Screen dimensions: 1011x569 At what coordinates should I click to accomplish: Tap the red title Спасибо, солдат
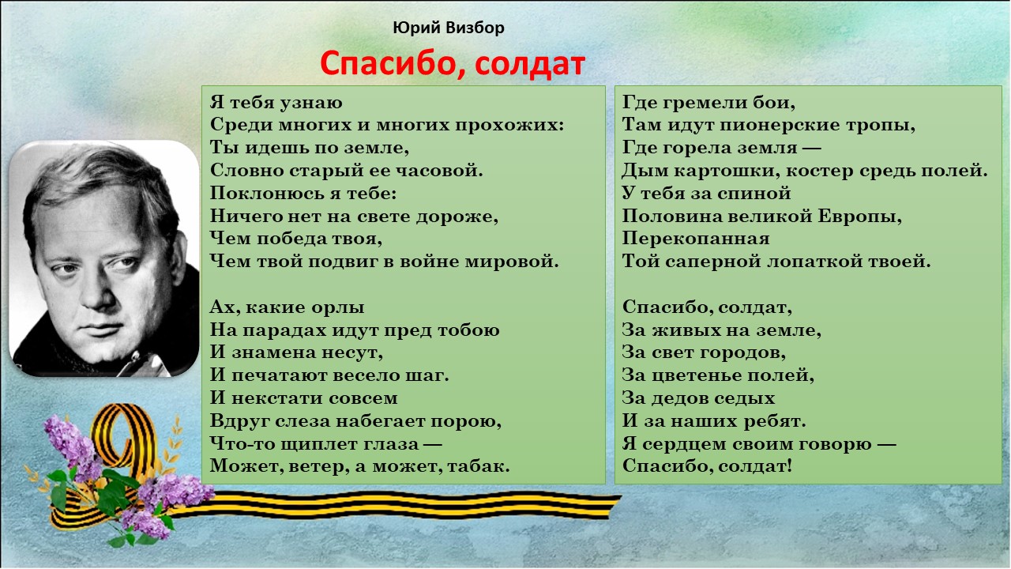point(453,64)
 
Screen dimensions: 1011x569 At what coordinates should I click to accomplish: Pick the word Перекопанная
point(696,239)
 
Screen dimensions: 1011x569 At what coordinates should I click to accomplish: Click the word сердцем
point(684,444)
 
